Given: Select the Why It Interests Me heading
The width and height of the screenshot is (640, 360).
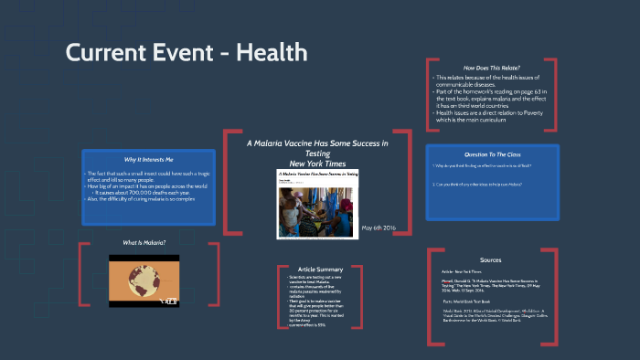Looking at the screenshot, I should pos(148,160).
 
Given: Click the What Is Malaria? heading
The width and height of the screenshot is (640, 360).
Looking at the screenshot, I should pos(144,242).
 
